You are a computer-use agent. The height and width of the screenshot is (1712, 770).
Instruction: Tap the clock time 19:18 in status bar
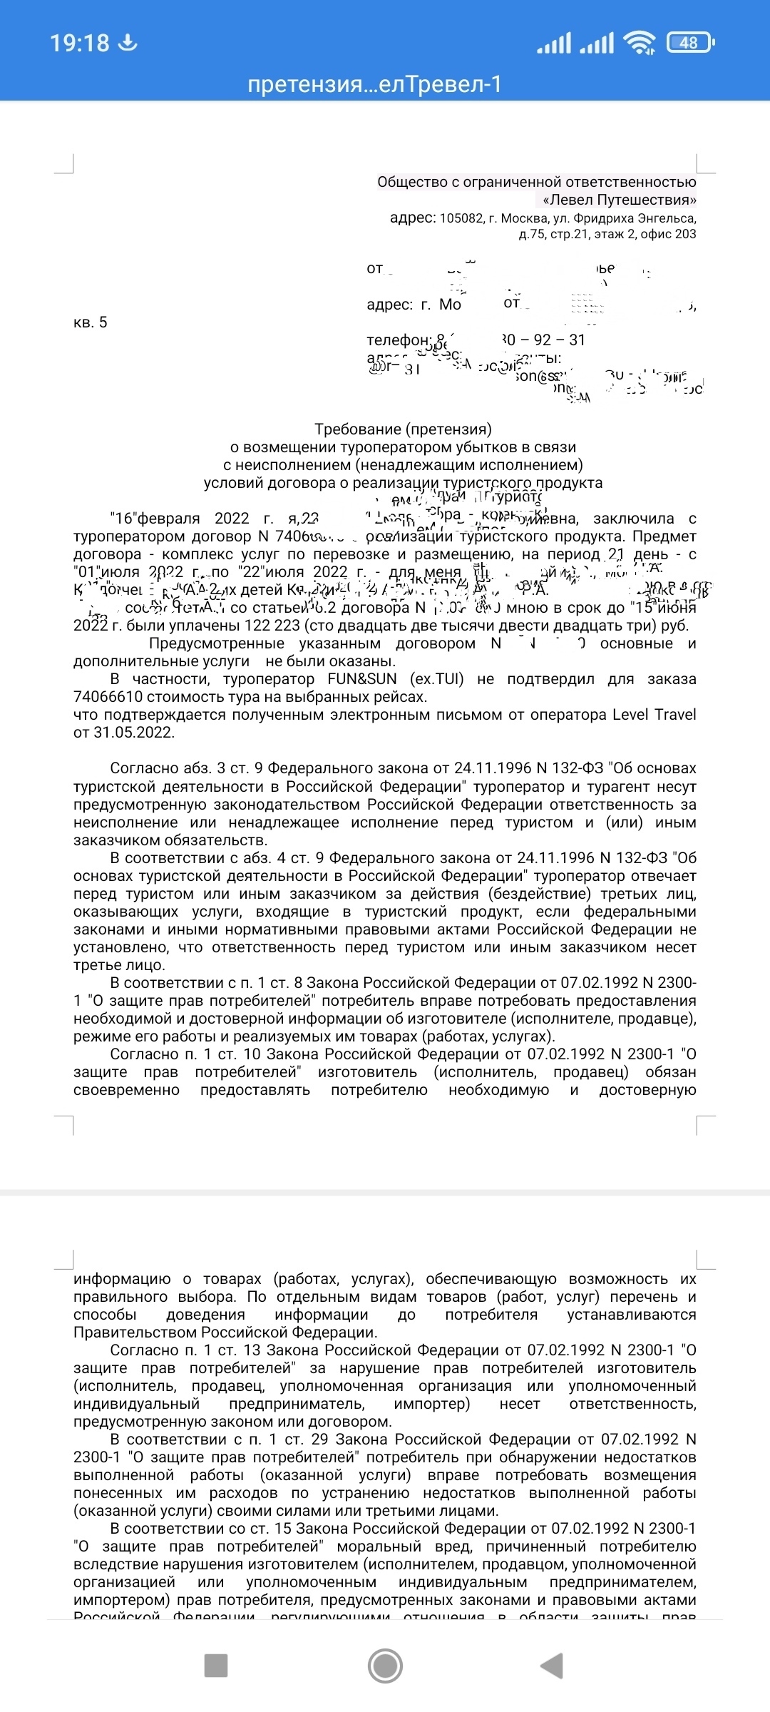pyautogui.click(x=79, y=43)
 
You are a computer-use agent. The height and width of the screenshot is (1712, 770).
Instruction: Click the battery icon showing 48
pyautogui.click(x=689, y=43)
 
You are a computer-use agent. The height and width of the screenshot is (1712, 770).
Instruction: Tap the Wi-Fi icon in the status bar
pyautogui.click(x=639, y=43)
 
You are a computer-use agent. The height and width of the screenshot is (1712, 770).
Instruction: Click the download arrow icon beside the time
pyautogui.click(x=128, y=43)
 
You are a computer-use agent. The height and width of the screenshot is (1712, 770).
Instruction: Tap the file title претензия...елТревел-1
pyautogui.click(x=375, y=85)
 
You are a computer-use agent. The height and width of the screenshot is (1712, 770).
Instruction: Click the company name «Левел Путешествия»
pyautogui.click(x=619, y=200)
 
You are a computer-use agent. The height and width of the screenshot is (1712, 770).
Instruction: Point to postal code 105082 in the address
pyautogui.click(x=461, y=218)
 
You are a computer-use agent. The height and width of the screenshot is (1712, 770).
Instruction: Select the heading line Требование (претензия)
pyautogui.click(x=403, y=429)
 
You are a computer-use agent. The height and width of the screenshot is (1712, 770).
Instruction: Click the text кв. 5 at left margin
pyautogui.click(x=90, y=322)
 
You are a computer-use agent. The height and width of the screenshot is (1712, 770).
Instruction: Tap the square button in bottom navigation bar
pyautogui.click(x=215, y=1666)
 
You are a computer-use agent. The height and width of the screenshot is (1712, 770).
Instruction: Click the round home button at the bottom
pyautogui.click(x=385, y=1666)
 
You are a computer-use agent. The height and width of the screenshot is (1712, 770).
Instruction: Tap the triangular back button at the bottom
pyautogui.click(x=552, y=1666)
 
